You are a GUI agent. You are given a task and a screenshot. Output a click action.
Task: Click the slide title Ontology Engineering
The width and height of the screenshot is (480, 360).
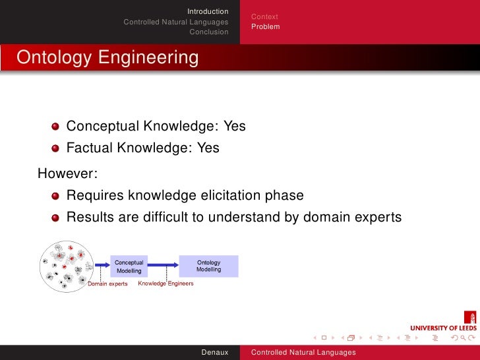tap(107, 57)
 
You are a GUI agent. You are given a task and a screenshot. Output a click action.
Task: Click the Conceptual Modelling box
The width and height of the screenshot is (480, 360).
tap(129, 266)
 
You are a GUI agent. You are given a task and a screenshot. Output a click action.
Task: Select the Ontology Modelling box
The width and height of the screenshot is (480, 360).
tap(209, 266)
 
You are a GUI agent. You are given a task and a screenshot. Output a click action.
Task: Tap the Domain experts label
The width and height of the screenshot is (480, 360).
tap(108, 284)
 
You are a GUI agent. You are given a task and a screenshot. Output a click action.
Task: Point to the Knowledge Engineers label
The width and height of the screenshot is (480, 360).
tap(165, 283)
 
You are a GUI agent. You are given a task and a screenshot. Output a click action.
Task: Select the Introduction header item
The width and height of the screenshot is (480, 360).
tap(208, 11)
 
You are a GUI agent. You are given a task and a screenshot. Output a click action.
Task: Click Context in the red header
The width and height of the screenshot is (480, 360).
tap(264, 16)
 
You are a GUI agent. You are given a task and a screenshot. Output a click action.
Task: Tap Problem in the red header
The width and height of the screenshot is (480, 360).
tap(265, 26)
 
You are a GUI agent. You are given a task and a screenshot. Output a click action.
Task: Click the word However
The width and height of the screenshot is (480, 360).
tap(67, 174)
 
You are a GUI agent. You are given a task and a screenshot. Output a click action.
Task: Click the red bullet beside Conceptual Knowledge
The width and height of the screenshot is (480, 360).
tap(56, 127)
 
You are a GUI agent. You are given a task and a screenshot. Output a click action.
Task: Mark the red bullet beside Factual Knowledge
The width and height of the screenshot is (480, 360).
tap(56, 149)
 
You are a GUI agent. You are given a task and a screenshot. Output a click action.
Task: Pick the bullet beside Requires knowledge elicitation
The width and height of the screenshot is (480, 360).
tap(56, 196)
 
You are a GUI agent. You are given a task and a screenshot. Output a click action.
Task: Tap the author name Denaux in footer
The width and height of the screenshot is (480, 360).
tap(215, 353)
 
